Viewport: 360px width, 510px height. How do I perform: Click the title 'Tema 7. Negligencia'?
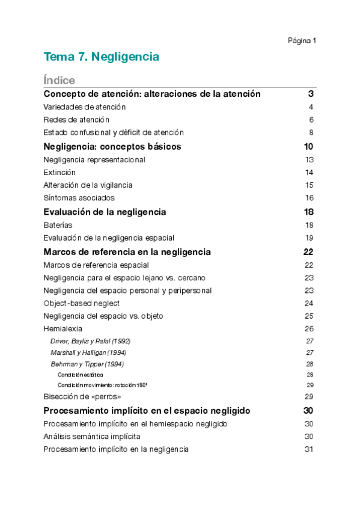[x=101, y=57]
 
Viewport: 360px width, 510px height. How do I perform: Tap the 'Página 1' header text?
[x=302, y=41]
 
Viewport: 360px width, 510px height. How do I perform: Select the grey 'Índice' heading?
[x=59, y=81]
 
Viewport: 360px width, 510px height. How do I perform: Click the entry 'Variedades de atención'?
[x=85, y=107]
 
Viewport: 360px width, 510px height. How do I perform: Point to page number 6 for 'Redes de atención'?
[x=311, y=120]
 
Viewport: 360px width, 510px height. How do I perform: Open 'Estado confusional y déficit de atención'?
[x=114, y=132]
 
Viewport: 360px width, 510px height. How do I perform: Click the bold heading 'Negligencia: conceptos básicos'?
[x=112, y=147]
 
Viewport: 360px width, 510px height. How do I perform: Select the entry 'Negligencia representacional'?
[x=94, y=160]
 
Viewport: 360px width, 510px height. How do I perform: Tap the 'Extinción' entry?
[x=59, y=173]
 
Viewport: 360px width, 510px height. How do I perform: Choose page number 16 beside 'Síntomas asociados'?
[x=310, y=198]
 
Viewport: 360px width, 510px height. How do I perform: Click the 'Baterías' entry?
[x=58, y=225]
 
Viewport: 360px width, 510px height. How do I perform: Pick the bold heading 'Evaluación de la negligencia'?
[x=105, y=212]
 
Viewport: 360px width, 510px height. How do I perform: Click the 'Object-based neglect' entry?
[x=82, y=303]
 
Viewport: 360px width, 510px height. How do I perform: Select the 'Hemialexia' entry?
[x=63, y=329]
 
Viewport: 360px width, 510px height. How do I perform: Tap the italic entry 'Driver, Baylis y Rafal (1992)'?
[x=90, y=341]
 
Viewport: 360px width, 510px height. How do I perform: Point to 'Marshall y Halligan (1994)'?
[x=88, y=352]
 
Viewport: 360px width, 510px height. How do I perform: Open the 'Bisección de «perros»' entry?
[x=82, y=397]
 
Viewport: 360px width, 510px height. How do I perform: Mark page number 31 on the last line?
[x=310, y=449]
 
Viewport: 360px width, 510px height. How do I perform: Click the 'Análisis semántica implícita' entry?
[x=92, y=437]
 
